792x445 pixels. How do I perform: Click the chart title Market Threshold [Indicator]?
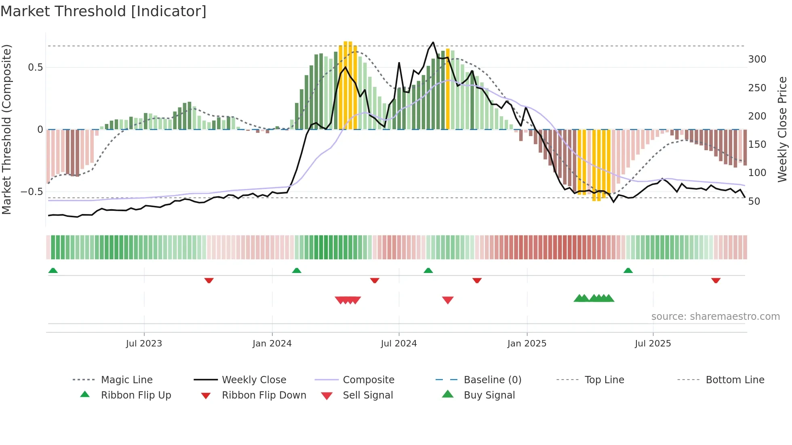pyautogui.click(x=103, y=11)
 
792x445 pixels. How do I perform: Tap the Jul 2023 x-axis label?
pyautogui.click(x=144, y=344)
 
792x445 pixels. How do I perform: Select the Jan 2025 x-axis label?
pyautogui.click(x=527, y=344)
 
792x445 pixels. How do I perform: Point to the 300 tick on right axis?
pyautogui.click(x=757, y=59)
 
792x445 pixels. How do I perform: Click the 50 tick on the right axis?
pyautogui.click(x=754, y=201)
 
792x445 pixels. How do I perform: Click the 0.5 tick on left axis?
pyautogui.click(x=35, y=67)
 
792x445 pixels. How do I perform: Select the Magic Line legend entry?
pyautogui.click(x=126, y=380)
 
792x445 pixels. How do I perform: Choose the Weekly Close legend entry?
pyautogui.click(x=254, y=380)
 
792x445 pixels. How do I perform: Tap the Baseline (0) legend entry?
pyautogui.click(x=492, y=380)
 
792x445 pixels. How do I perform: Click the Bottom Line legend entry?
pyautogui.click(x=735, y=380)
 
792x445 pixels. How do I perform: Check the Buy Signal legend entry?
pyautogui.click(x=489, y=395)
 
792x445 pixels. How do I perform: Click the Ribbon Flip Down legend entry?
pyautogui.click(x=263, y=395)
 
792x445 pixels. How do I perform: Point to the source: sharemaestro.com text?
pyautogui.click(x=715, y=317)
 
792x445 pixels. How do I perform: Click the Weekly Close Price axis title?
pyautogui.click(x=782, y=129)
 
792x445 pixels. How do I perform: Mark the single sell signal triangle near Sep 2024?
pyautogui.click(x=448, y=300)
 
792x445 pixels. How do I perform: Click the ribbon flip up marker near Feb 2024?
pyautogui.click(x=297, y=271)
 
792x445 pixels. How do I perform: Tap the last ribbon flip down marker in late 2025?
pyautogui.click(x=716, y=280)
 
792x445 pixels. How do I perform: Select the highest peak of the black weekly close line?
pyautogui.click(x=433, y=42)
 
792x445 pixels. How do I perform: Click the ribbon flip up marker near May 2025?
pyautogui.click(x=628, y=271)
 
